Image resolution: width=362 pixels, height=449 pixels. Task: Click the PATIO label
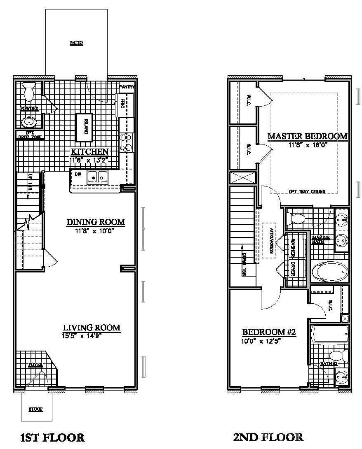76,43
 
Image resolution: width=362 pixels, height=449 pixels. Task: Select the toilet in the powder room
29,91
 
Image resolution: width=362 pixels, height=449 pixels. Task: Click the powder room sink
28,121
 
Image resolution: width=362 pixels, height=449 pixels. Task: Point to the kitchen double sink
97,177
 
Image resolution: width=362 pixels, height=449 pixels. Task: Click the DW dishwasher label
78,174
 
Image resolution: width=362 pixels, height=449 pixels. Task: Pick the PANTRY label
127,87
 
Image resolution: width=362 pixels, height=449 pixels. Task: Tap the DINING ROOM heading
96,222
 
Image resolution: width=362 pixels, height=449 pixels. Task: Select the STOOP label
36,409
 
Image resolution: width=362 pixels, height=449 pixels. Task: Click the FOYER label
35,365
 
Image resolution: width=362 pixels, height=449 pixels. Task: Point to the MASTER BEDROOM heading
308,136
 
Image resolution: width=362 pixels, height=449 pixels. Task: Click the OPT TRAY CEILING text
307,191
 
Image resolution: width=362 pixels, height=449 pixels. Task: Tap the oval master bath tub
329,272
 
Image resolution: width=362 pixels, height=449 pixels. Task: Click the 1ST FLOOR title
52,437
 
